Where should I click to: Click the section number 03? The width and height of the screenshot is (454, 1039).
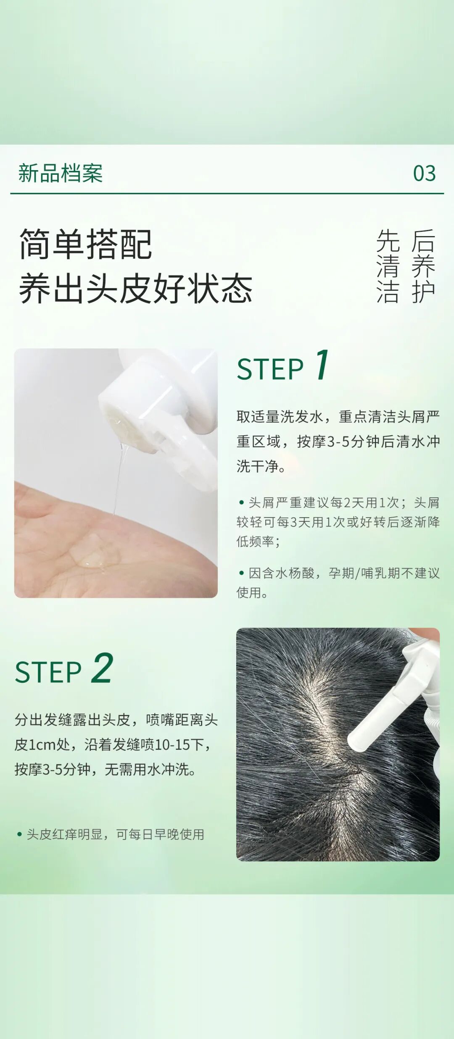424,173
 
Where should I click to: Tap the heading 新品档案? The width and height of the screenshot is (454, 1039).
61,173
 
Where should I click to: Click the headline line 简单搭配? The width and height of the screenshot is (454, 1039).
85,244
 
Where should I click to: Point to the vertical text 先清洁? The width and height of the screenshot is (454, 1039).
388,266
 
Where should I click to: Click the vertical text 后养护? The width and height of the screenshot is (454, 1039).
423,266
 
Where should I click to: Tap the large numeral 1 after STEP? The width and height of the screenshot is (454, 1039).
322,364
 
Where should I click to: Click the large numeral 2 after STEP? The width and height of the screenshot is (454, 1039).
102,668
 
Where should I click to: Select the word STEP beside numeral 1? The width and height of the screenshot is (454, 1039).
270,369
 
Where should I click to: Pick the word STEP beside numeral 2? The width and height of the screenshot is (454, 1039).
48,672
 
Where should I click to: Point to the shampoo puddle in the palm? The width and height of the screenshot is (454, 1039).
95,550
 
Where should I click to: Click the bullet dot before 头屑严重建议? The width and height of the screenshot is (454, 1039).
241,502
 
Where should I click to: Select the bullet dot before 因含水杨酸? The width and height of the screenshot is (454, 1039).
241,573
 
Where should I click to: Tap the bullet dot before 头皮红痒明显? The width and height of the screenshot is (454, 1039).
19,834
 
